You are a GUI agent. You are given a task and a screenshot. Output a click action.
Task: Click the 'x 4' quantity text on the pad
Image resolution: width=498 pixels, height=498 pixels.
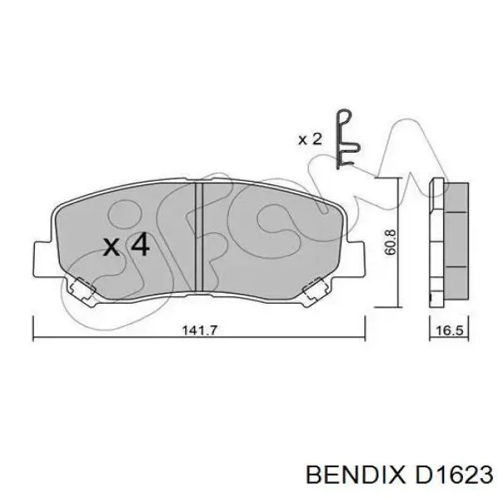[126, 245]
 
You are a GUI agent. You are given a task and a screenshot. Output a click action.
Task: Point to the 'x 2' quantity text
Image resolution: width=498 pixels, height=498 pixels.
[310, 139]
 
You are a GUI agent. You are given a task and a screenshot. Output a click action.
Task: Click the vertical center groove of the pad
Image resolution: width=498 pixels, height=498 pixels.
[198, 241]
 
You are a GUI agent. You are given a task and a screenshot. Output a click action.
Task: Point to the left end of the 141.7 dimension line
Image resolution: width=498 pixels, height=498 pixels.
[32, 339]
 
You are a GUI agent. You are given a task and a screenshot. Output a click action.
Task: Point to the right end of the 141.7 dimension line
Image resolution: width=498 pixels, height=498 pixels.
[365, 339]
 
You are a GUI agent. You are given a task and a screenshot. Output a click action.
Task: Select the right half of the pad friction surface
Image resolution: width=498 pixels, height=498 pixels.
[266, 241]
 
